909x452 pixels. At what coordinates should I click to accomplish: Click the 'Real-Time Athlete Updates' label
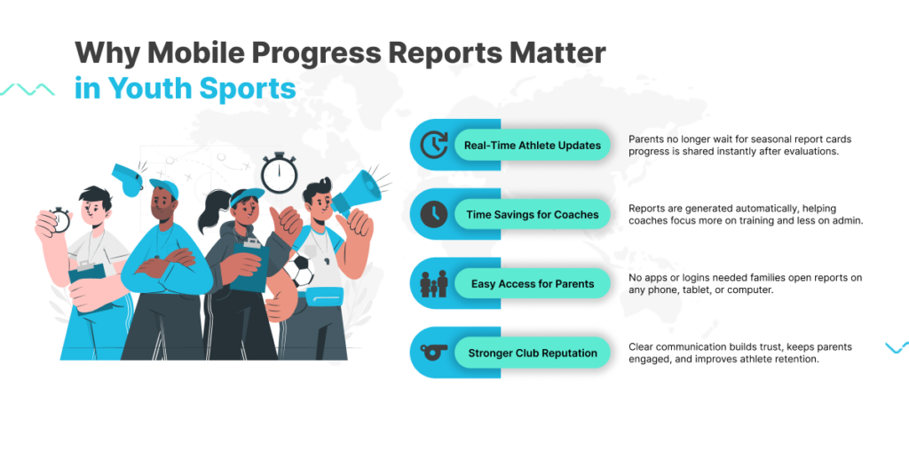(533, 145)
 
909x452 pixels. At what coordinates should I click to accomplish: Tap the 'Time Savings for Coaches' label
(533, 215)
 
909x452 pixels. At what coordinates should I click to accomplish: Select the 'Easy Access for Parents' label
(533, 284)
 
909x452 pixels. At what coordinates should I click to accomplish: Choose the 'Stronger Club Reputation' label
(533, 353)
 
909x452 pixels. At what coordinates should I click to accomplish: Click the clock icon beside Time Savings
(433, 215)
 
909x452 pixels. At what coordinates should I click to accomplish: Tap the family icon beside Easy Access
(433, 284)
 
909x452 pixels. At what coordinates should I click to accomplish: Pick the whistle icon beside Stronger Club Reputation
(433, 353)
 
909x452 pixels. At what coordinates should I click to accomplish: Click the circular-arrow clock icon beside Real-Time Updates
(433, 145)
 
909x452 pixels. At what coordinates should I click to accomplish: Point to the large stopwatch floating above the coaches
(279, 173)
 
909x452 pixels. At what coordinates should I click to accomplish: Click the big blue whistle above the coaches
(128, 179)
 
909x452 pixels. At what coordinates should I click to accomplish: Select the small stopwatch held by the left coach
(59, 220)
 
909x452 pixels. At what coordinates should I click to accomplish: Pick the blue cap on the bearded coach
(164, 187)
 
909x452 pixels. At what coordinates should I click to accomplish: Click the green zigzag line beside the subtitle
(28, 90)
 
